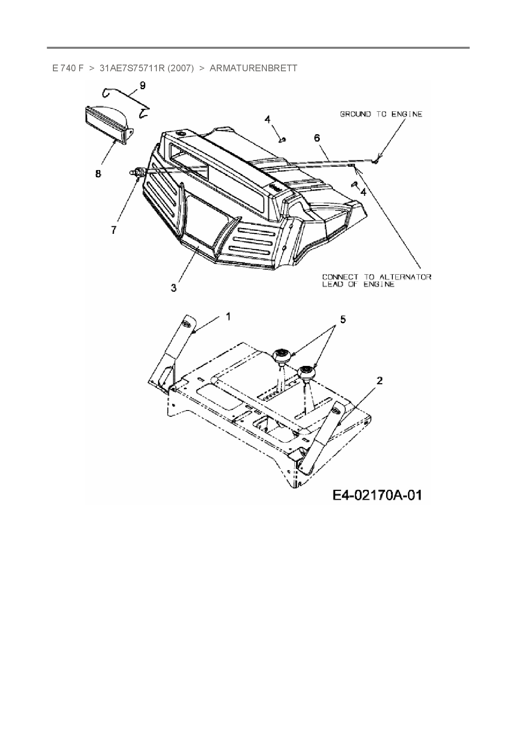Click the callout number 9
point(143,85)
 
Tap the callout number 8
point(98,173)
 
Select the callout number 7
point(114,230)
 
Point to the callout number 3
point(173,288)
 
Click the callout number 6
point(317,138)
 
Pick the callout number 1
point(228,317)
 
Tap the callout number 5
point(343,320)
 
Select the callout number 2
point(379,381)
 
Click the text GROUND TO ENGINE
point(381,114)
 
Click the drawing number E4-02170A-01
point(377,495)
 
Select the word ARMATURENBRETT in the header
point(253,68)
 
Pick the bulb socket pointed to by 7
point(138,172)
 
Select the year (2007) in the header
point(181,68)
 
